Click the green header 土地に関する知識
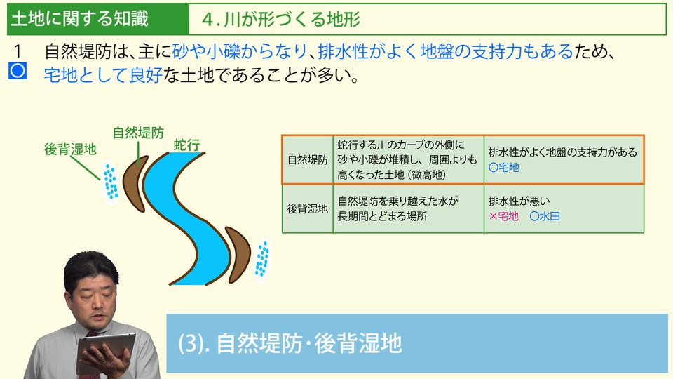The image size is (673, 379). [x=80, y=19]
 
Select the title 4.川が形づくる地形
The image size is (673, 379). [x=281, y=20]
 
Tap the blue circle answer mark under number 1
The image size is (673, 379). [x=18, y=70]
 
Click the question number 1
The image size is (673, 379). [x=17, y=51]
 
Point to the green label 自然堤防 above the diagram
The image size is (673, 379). [x=138, y=133]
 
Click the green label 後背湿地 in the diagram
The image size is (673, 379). [x=70, y=149]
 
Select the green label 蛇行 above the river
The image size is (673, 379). [x=186, y=145]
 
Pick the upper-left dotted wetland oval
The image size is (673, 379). [x=110, y=183]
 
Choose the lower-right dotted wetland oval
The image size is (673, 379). [x=261, y=260]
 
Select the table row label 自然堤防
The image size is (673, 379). [x=308, y=160]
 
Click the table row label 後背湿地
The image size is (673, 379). [x=308, y=209]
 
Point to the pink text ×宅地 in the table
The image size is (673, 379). [x=504, y=216]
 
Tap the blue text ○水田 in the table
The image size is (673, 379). [x=545, y=216]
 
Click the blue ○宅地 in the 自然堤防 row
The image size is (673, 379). [x=504, y=168]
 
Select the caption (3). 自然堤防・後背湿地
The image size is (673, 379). [x=290, y=343]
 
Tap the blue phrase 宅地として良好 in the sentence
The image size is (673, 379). [x=103, y=75]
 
